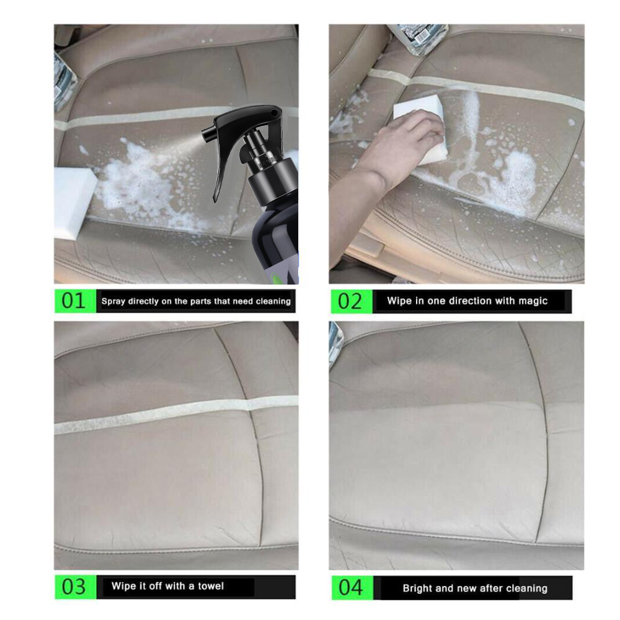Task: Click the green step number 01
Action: click(73, 301)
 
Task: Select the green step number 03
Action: click(73, 587)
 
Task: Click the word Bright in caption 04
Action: click(418, 588)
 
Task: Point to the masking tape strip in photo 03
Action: click(174, 415)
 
